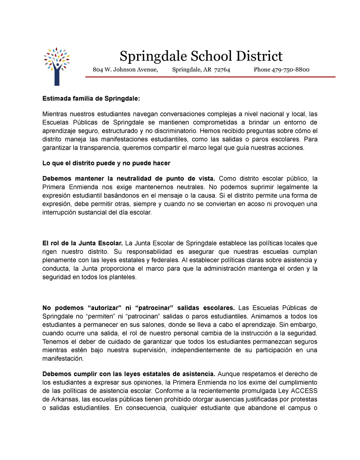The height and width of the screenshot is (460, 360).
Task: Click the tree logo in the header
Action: [x=57, y=66]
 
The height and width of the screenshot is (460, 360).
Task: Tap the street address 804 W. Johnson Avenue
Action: [x=125, y=70]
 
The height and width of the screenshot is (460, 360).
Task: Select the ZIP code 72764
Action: [x=222, y=70]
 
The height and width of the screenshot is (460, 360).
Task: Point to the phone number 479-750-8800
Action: [x=290, y=70]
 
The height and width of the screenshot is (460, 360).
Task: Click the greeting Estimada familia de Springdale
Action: [x=91, y=98]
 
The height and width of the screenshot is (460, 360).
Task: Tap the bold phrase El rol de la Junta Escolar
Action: [x=82, y=243]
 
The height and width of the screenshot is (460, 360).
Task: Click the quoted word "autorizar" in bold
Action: [x=107, y=308]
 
